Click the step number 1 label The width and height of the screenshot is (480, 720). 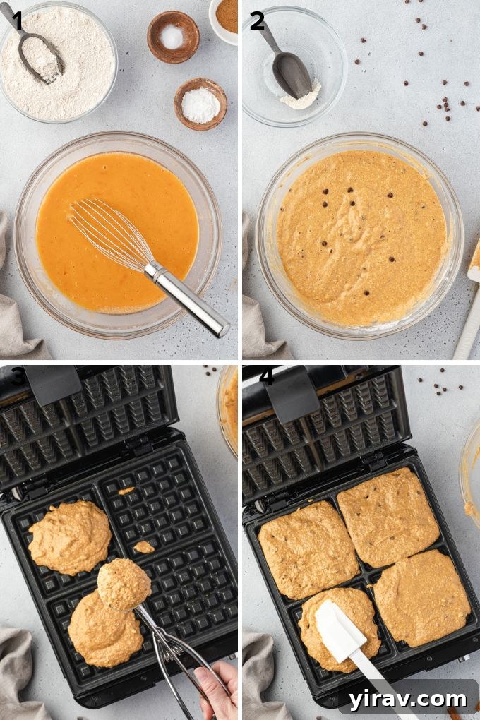(x=16, y=21)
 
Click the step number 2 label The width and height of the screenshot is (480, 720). (x=257, y=21)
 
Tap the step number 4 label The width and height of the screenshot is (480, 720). (x=266, y=377)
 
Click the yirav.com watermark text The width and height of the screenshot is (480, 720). (x=407, y=699)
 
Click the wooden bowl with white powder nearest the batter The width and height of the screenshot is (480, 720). (x=200, y=104)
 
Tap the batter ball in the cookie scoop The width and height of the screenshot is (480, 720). (x=124, y=584)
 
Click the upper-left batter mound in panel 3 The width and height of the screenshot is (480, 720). (x=69, y=536)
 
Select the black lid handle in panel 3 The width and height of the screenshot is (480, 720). (x=52, y=383)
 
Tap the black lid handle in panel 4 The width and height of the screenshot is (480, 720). (x=292, y=388)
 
